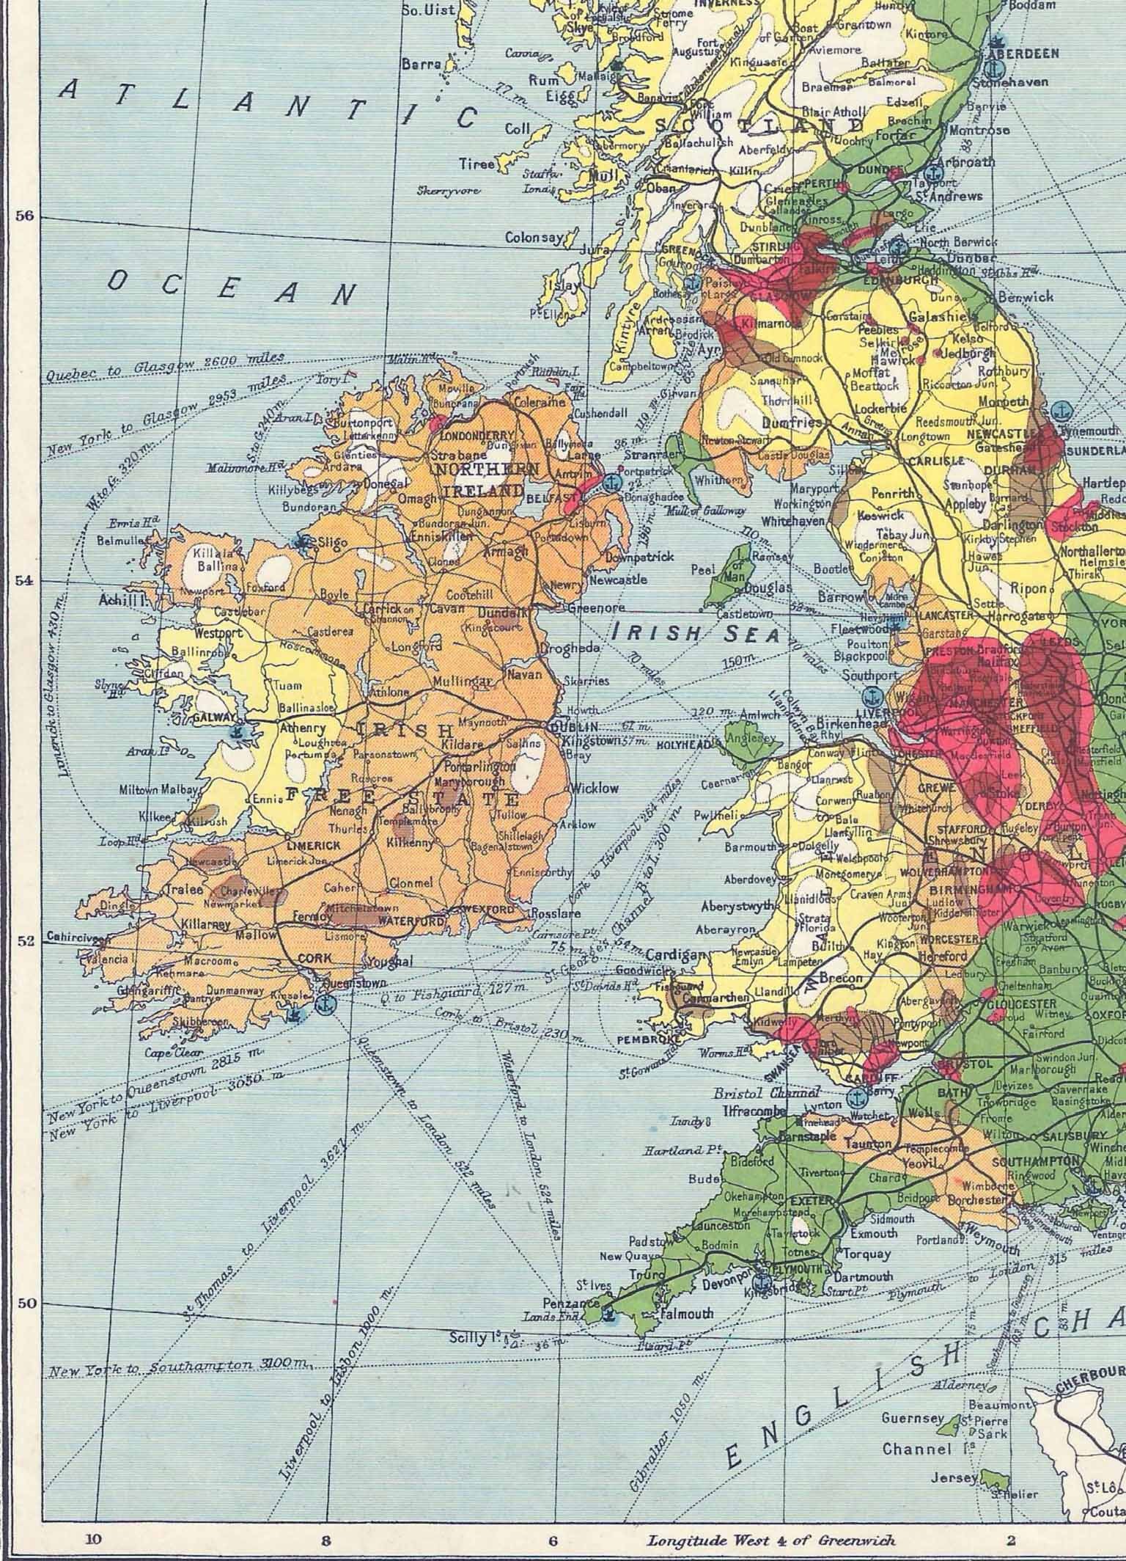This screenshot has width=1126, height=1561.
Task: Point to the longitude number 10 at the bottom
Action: pos(93,1535)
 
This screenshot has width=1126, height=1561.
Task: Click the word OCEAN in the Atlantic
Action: pos(232,285)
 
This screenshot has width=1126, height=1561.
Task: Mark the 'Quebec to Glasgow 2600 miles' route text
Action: pos(164,367)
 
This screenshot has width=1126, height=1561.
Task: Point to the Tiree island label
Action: pos(477,164)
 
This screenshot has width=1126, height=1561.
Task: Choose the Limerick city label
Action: pos(314,845)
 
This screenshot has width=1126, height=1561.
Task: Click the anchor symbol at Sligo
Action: pos(301,541)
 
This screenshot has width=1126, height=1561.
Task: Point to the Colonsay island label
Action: pos(534,238)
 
